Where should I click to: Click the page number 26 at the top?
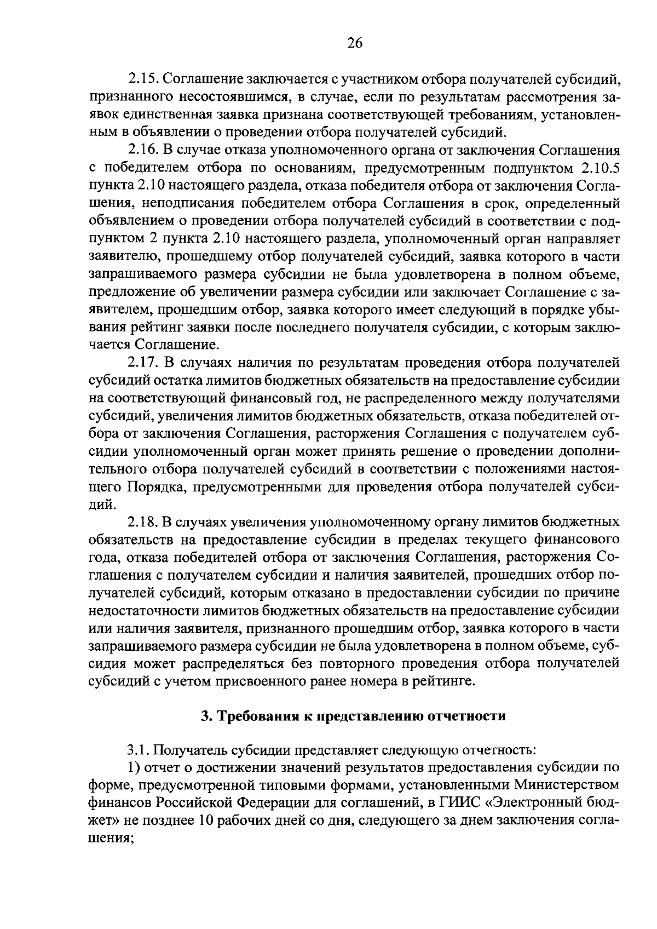(355, 43)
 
